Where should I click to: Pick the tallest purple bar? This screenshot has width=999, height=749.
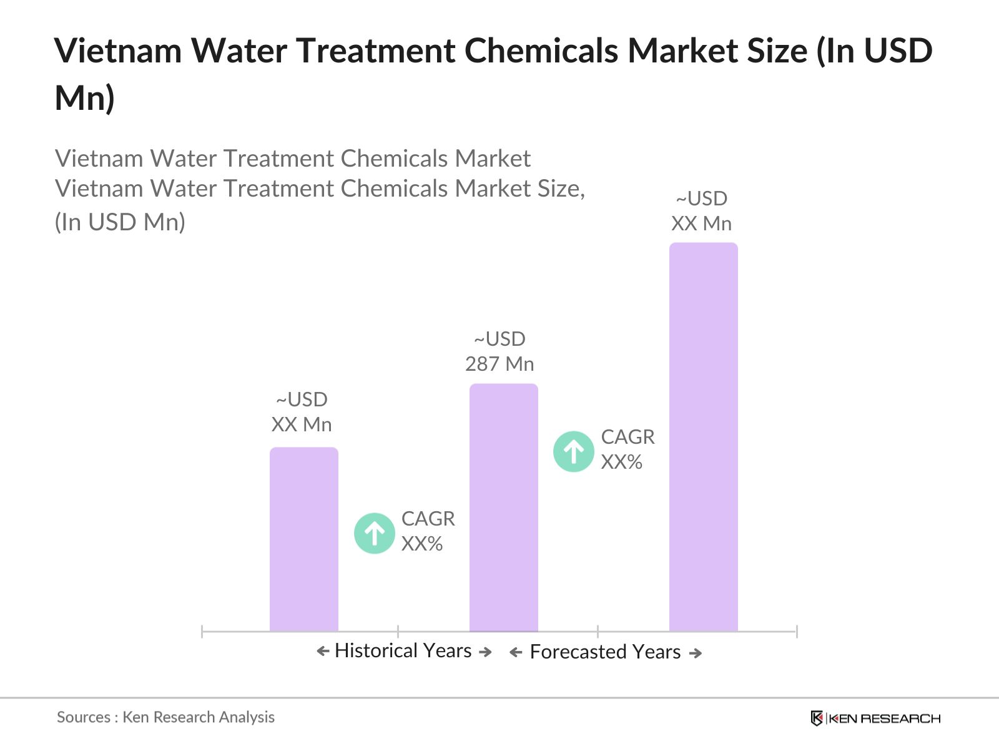point(703,437)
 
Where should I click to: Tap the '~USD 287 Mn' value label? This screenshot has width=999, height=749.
point(499,351)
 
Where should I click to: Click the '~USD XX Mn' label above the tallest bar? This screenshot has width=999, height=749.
point(701,211)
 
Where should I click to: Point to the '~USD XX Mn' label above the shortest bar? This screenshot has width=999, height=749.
point(302,412)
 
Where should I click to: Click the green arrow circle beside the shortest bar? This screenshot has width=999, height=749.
point(374,533)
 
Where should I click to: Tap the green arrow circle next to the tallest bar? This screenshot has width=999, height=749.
point(573,451)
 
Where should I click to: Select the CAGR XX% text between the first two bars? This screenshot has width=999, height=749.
point(427,531)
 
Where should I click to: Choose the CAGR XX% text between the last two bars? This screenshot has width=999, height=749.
point(627,449)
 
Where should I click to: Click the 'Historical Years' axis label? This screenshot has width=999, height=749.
point(403,651)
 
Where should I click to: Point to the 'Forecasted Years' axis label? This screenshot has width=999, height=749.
point(604,652)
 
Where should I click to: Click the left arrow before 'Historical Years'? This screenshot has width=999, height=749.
point(323,652)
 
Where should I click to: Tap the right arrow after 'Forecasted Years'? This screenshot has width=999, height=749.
point(695,653)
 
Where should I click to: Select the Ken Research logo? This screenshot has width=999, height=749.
point(875,718)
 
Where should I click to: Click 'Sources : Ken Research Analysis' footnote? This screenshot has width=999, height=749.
point(165,717)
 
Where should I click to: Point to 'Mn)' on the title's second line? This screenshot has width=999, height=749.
point(85,98)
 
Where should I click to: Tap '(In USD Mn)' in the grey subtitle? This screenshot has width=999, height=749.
point(120,222)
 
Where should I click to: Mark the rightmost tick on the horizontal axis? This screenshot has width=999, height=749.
point(796,631)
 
